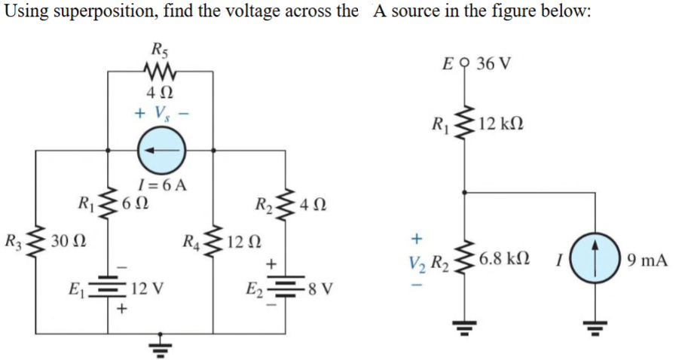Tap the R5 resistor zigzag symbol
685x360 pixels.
coord(160,72)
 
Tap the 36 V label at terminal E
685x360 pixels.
coord(494,62)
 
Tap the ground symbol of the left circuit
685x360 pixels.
coord(160,345)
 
